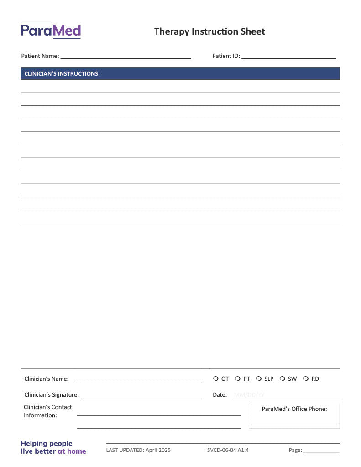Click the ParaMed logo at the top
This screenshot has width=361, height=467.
click(x=51, y=31)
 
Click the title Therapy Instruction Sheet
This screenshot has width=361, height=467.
click(x=209, y=31)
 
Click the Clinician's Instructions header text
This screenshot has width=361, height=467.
click(x=62, y=73)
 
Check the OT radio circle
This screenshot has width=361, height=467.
click(x=215, y=379)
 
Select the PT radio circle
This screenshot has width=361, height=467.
click(x=238, y=379)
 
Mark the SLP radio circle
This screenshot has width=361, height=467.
click(x=259, y=379)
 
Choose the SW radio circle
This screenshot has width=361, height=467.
click(x=283, y=379)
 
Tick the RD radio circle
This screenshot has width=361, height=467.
click(x=306, y=379)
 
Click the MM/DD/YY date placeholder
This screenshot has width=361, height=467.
click(x=249, y=395)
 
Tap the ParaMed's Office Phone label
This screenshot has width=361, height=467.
click(x=294, y=409)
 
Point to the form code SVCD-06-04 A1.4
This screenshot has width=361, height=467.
click(x=228, y=450)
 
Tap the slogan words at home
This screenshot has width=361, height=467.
click(x=72, y=451)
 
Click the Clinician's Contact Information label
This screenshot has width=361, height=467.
click(x=48, y=411)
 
